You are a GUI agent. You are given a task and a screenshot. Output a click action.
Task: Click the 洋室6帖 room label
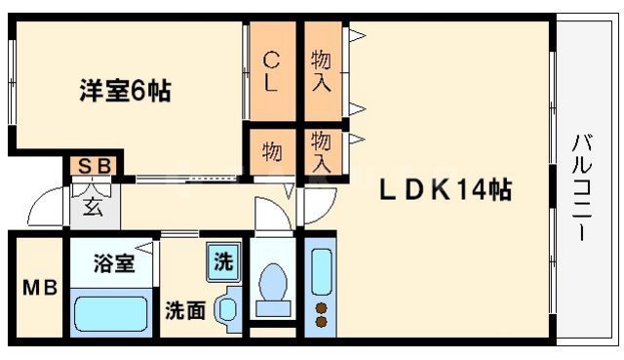(125, 92)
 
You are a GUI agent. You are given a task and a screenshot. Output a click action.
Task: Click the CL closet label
(270, 70)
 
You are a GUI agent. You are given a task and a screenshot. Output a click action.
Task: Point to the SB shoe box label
(94, 168)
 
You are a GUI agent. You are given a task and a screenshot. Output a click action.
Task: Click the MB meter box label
(39, 288)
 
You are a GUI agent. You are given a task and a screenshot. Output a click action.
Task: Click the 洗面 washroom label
(184, 311)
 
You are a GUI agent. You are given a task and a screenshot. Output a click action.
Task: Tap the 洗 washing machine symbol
(223, 261)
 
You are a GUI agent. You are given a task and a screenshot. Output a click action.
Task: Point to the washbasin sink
(228, 311)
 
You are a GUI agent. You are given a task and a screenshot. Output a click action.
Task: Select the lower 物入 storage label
(320, 152)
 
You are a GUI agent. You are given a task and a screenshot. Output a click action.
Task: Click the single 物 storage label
(271, 152)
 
